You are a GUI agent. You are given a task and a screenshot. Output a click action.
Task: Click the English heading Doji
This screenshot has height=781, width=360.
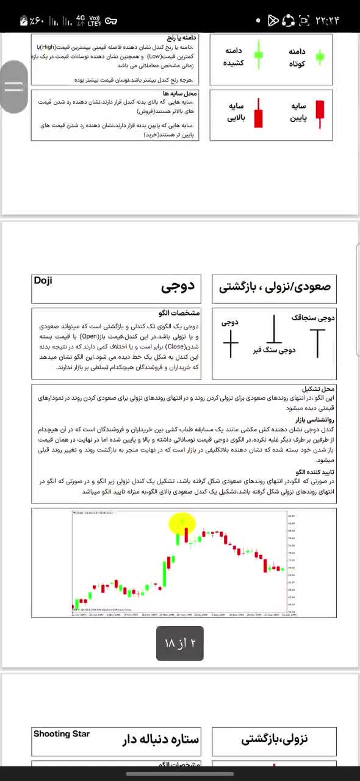[x=43, y=281]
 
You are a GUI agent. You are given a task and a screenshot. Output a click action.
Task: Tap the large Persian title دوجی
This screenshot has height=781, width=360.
[x=178, y=287]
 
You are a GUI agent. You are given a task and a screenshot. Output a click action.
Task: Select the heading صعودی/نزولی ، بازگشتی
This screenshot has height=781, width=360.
[x=274, y=287]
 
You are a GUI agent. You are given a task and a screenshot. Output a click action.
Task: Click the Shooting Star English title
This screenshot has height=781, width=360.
[x=62, y=734]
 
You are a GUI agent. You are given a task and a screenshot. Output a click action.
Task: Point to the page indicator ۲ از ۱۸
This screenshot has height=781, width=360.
[x=180, y=643]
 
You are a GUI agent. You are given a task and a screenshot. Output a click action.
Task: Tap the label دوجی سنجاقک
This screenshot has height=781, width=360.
[x=314, y=318]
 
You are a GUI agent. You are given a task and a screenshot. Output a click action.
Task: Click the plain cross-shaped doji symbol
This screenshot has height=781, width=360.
[x=231, y=344]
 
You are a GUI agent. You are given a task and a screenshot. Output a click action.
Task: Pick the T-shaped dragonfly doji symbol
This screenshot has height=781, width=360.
[x=317, y=342]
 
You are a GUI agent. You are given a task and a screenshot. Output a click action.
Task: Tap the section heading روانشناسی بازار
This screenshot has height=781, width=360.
[x=312, y=420]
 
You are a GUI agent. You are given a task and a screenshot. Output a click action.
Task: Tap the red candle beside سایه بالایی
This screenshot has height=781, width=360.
[x=259, y=113]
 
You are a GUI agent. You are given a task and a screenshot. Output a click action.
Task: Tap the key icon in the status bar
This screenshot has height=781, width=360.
[x=110, y=21]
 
